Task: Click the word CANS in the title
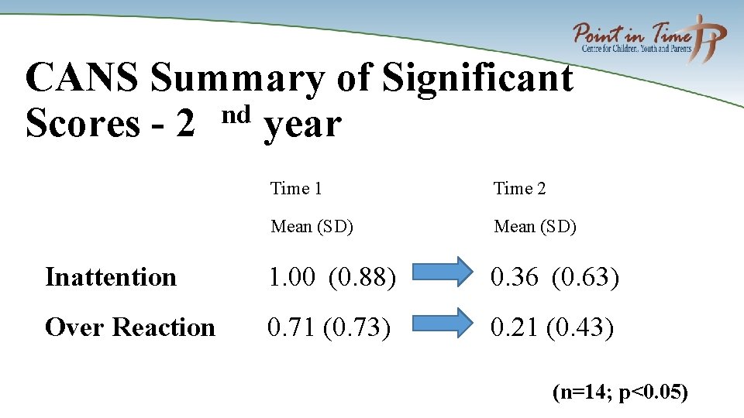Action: click(x=83, y=79)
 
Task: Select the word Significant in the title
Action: click(x=477, y=79)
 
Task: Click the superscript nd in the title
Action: click(x=236, y=115)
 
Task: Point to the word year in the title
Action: click(x=302, y=125)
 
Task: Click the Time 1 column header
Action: click(x=296, y=188)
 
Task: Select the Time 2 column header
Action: click(x=519, y=188)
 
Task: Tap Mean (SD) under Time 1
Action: click(x=312, y=227)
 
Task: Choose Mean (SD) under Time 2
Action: click(x=535, y=227)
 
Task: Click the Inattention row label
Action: click(x=111, y=277)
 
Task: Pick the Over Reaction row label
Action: click(x=130, y=327)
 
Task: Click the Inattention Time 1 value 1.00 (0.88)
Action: click(x=332, y=277)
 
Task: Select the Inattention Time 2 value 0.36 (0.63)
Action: click(x=555, y=277)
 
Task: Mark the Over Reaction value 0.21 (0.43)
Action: click(x=552, y=327)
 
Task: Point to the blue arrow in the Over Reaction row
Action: click(x=441, y=323)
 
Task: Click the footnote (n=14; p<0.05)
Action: click(x=620, y=392)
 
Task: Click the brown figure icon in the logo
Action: click(x=709, y=39)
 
